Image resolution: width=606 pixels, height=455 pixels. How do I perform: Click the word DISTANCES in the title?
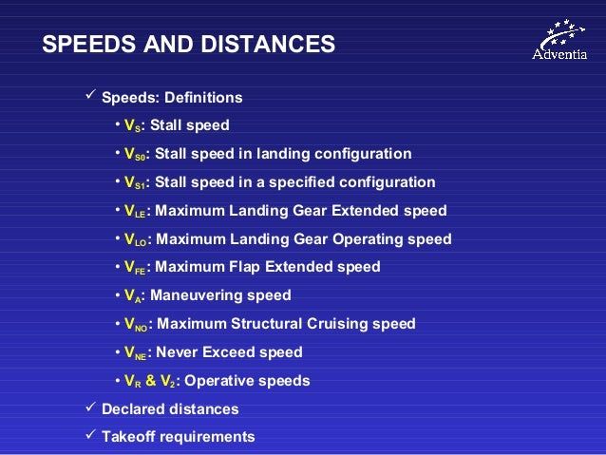coord(268,44)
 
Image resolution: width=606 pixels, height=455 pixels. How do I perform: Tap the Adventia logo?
coord(559,40)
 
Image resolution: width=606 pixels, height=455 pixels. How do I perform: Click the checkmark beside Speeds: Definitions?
coord(90,94)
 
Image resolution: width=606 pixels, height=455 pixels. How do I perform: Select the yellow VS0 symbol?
coord(135,154)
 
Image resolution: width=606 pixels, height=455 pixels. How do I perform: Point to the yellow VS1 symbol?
coord(135,182)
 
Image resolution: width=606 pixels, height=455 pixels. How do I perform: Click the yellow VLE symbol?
coord(135,211)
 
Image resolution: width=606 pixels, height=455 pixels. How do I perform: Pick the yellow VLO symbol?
coord(135,239)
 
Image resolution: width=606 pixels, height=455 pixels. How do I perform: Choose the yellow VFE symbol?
coord(135,267)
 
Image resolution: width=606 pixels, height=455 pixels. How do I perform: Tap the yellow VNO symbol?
coord(136,324)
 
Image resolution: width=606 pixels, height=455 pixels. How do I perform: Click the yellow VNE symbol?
coord(135,352)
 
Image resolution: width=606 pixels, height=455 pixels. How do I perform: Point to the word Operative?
coord(218,382)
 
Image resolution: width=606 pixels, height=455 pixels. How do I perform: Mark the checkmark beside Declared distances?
coord(90,407)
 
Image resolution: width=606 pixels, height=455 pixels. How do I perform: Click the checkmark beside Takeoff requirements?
coord(90,434)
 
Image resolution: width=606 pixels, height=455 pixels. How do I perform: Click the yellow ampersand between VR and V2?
coord(151,381)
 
